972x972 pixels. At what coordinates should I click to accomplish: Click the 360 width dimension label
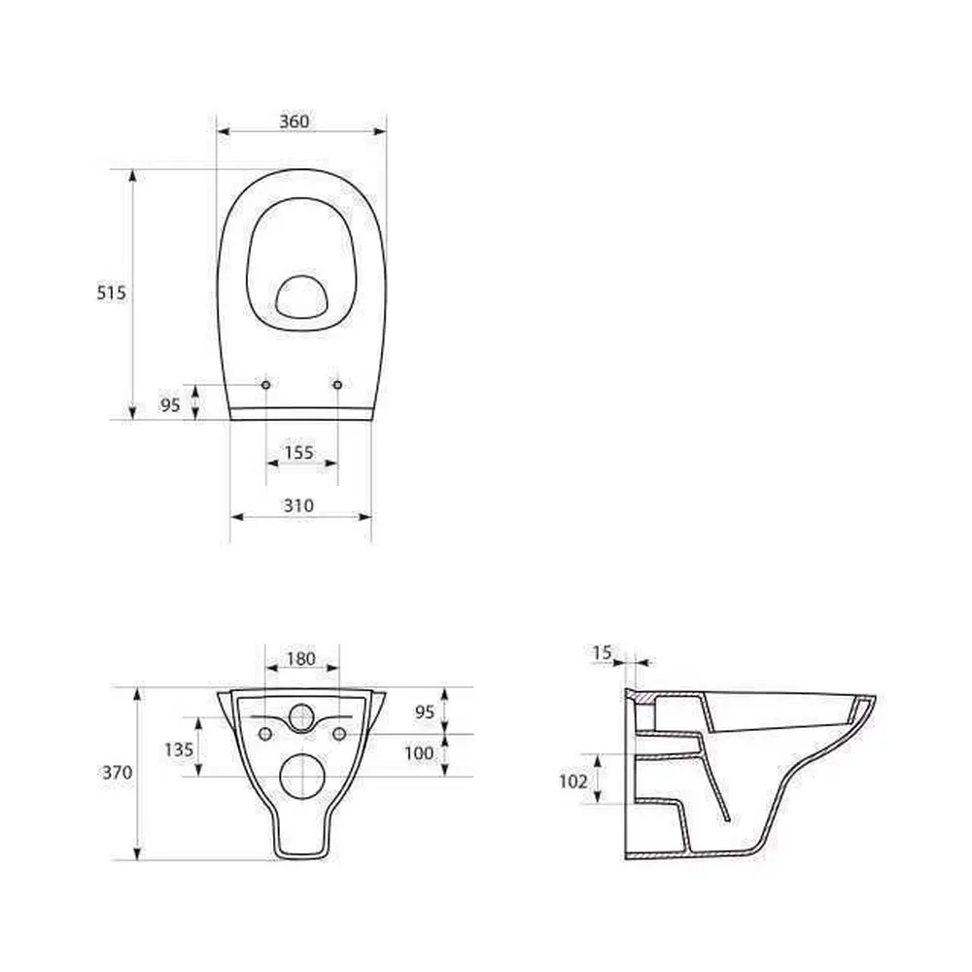pos(294,121)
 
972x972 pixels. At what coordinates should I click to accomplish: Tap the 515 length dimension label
pos(112,293)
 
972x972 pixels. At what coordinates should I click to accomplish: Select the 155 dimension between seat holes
pos(298,453)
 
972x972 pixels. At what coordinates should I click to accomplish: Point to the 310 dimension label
pos(298,505)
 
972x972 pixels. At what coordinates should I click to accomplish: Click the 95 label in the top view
pos(170,404)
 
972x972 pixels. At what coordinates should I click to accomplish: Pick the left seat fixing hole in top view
pos(266,385)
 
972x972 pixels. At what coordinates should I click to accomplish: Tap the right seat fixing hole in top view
pos(337,385)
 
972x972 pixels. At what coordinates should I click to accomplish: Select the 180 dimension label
pos(301,658)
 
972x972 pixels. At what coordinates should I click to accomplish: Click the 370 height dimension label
pos(118,773)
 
